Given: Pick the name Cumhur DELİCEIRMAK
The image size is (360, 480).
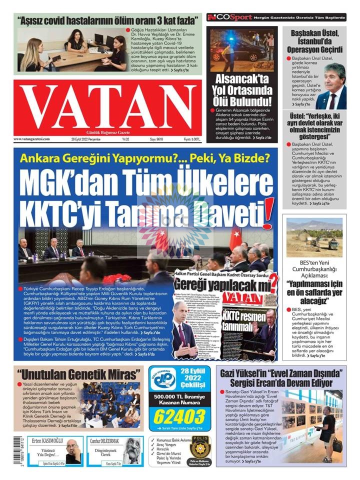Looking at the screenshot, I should pos(105,440).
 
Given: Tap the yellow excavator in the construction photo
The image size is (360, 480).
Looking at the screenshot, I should pos(333,244).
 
